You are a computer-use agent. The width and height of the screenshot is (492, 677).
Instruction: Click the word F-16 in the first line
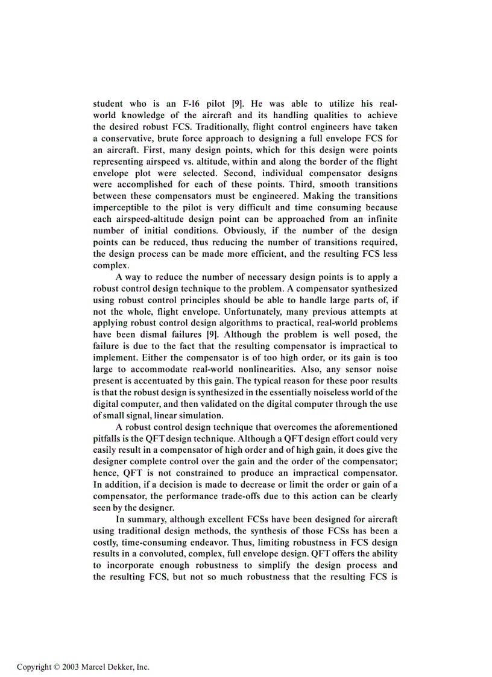click(195, 104)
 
